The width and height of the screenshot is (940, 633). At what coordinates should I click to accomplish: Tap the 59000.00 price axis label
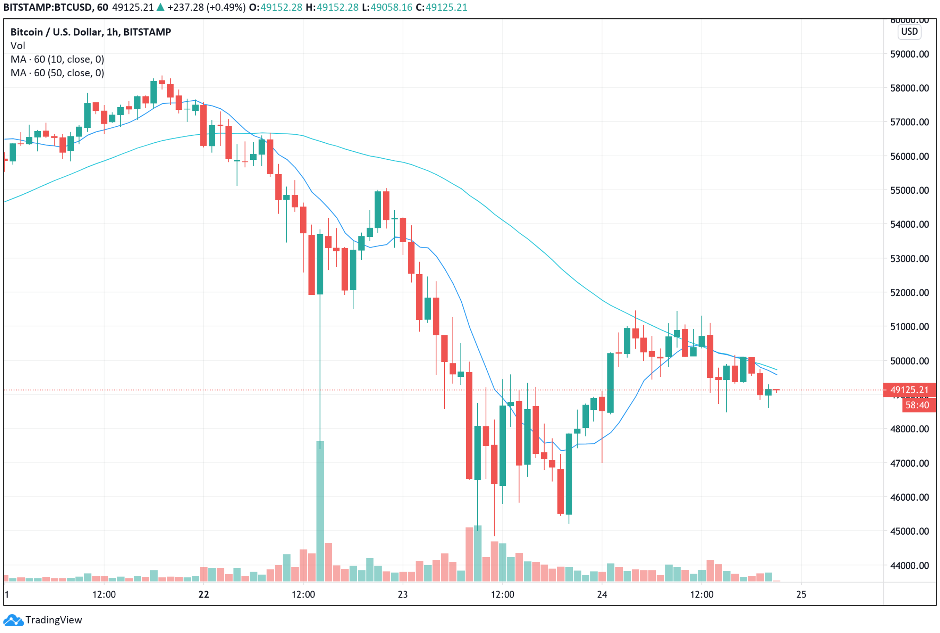pos(910,54)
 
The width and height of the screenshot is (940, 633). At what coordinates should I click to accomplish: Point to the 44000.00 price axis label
pos(910,565)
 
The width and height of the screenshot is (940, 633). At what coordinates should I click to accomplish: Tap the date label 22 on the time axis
pos(204,594)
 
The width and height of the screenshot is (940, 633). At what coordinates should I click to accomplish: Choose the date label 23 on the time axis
pos(403,594)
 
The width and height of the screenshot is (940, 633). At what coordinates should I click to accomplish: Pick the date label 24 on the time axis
pos(602,594)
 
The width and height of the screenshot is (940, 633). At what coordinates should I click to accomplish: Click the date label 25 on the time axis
pos(801,594)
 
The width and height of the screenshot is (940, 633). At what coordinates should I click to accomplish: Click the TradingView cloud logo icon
pos(13,620)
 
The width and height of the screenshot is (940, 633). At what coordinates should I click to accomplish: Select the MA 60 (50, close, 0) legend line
pos(57,73)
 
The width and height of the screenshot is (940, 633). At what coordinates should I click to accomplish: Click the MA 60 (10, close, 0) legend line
pos(57,59)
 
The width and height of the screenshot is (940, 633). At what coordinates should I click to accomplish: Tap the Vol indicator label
pos(18,46)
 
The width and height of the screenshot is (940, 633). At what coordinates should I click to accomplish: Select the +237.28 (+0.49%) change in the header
pos(205,7)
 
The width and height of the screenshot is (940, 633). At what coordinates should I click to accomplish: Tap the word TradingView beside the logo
pos(54,620)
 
